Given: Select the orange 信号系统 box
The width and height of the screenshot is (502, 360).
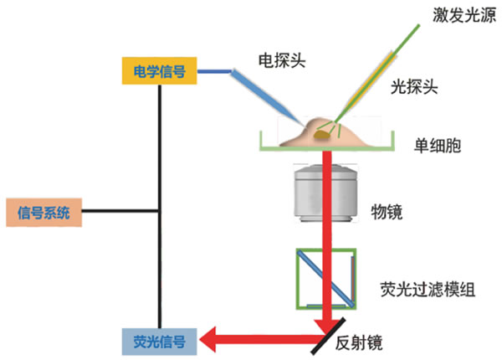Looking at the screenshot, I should [44, 211].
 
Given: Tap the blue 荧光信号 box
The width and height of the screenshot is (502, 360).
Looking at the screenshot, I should [159, 341].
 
